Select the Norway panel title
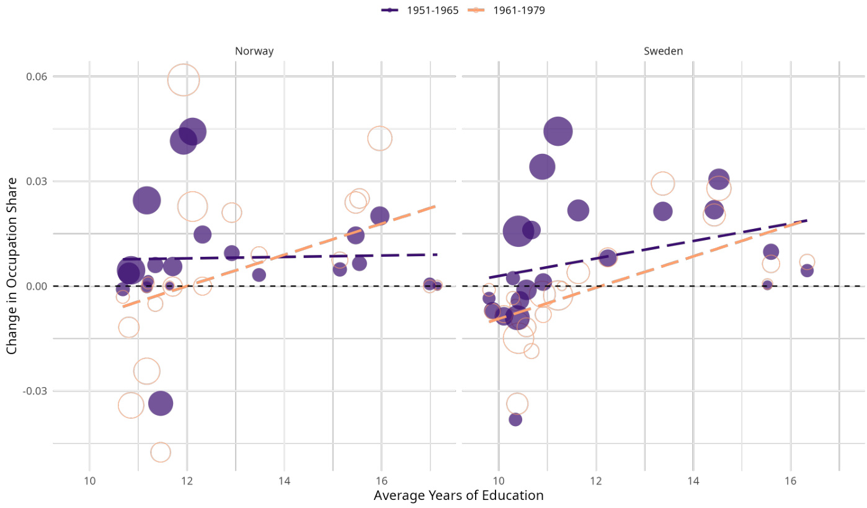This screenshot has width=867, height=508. pos(254,51)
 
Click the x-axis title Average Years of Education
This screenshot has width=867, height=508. pos(458,496)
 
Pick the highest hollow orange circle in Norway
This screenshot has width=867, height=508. pos(183,80)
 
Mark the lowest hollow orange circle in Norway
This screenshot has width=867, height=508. pos(160,452)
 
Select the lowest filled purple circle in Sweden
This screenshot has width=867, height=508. pos(515,419)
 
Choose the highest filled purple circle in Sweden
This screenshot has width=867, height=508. pos(558,131)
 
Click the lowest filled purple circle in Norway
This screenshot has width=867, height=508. pos(160,403)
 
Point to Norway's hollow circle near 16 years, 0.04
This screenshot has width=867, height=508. pos(380,138)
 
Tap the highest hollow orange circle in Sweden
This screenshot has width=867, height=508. pos(662,184)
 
